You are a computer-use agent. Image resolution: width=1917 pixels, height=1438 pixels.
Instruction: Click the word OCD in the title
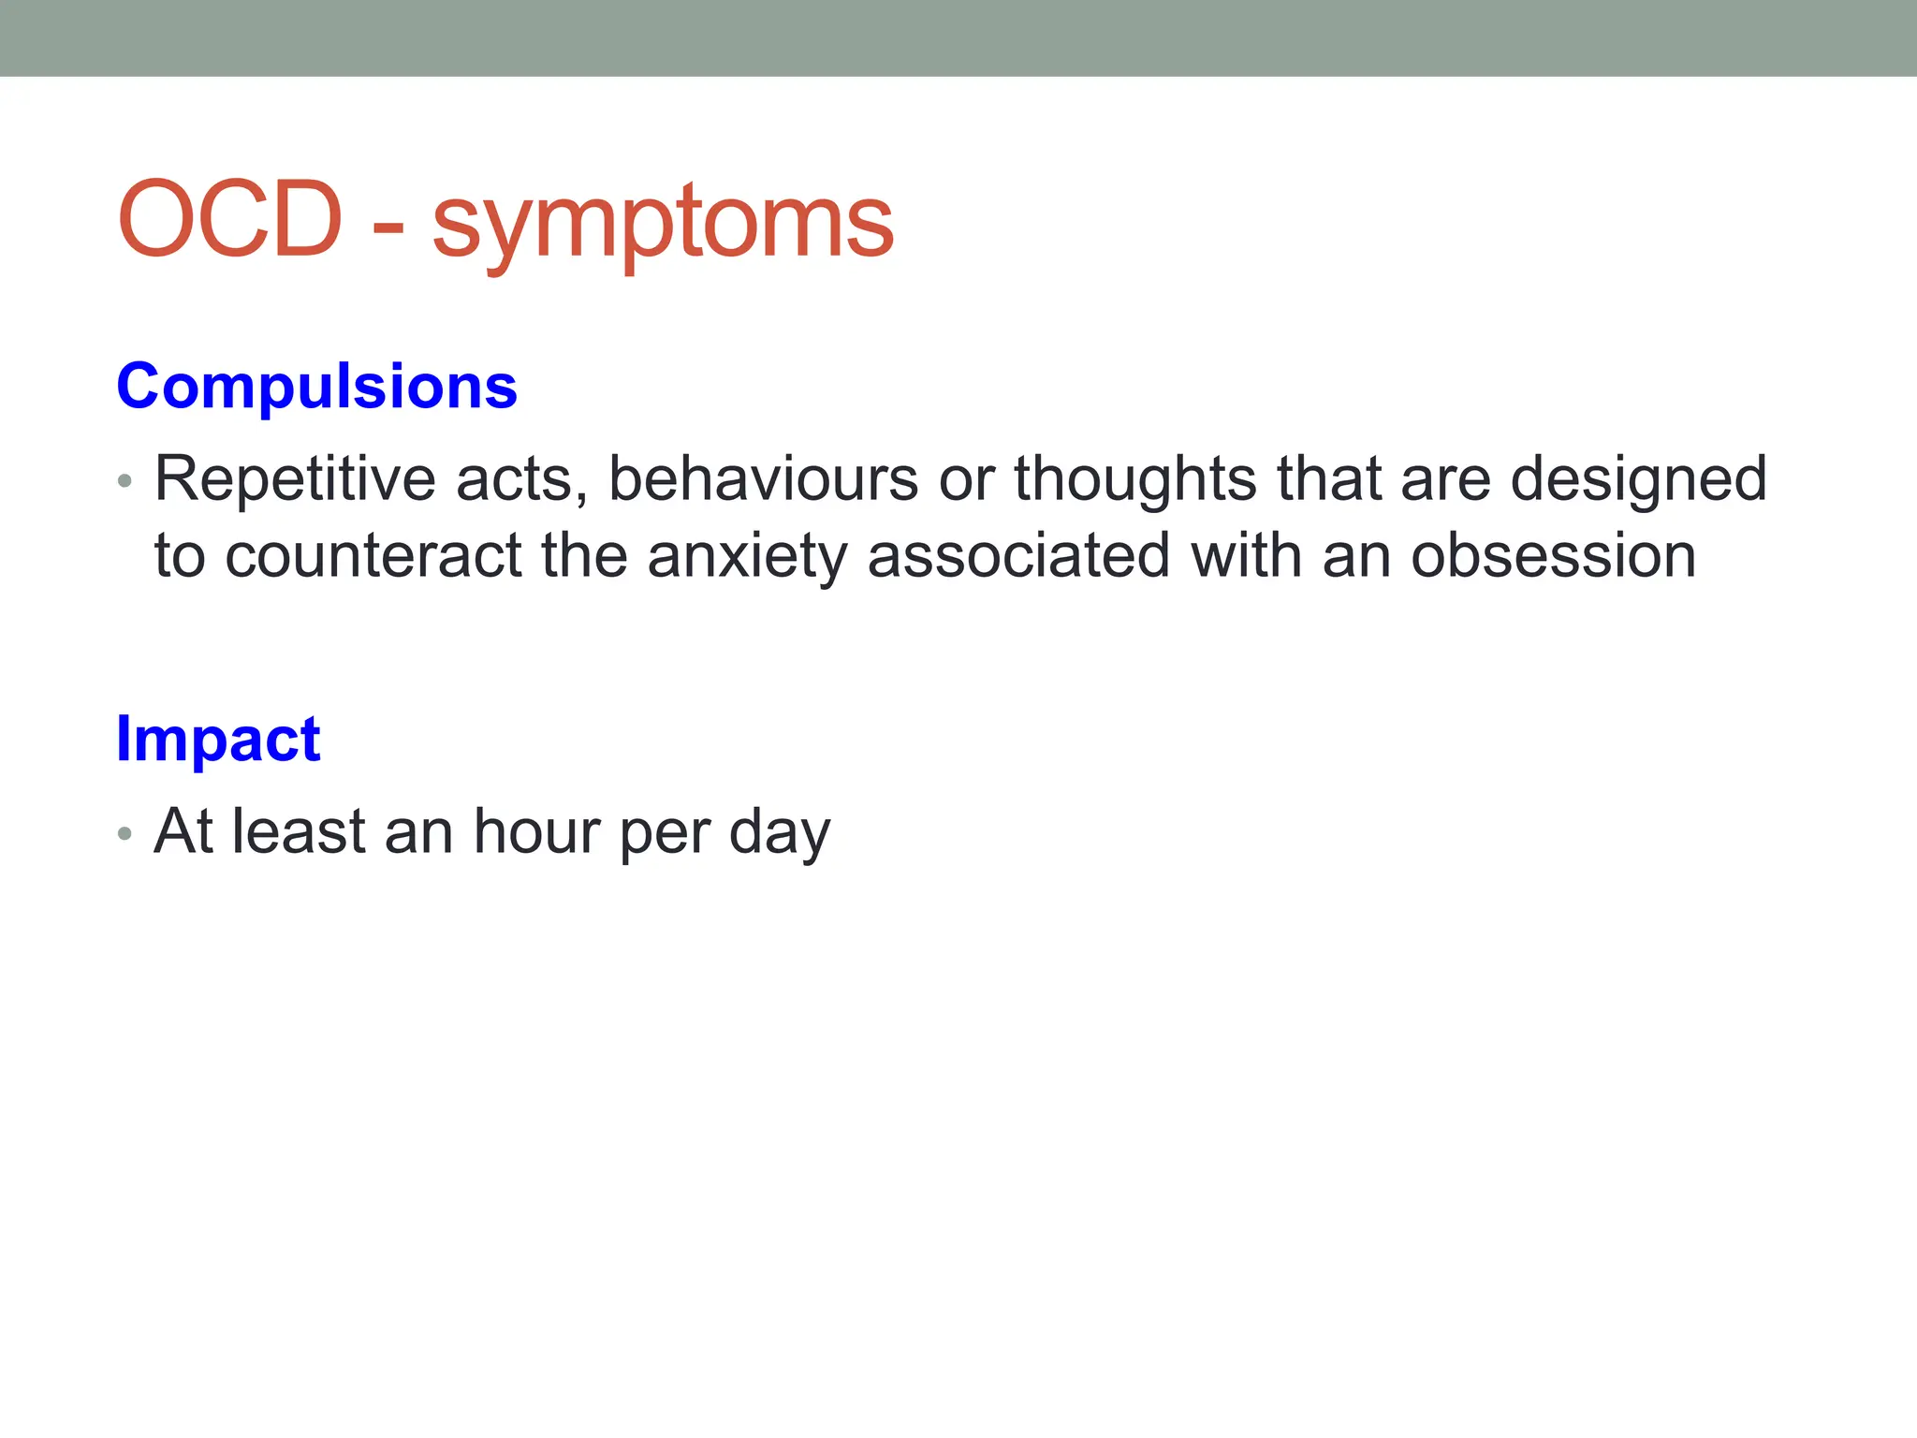pyautogui.click(x=230, y=220)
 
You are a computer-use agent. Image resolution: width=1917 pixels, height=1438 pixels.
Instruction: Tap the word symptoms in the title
pyautogui.click(x=663, y=225)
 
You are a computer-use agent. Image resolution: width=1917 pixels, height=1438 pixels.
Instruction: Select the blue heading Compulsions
pyautogui.click(x=316, y=386)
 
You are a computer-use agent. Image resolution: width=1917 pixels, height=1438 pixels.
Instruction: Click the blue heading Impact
pyautogui.click(x=218, y=740)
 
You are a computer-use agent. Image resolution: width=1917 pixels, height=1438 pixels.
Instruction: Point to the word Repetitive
pyautogui.click(x=295, y=479)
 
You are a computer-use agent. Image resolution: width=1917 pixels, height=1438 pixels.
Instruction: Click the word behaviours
pyautogui.click(x=764, y=479)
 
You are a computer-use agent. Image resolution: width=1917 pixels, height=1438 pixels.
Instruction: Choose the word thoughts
pyautogui.click(x=1135, y=479)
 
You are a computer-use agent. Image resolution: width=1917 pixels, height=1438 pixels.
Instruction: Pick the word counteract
pyautogui.click(x=373, y=556)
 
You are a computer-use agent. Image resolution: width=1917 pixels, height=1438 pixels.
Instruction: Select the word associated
pyautogui.click(x=1018, y=556)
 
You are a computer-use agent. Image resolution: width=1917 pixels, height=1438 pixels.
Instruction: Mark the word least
pyautogui.click(x=299, y=831)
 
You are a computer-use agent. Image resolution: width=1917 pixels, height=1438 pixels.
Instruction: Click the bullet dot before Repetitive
pyautogui.click(x=125, y=482)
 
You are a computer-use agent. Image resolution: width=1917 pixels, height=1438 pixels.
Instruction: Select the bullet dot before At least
pyautogui.click(x=125, y=833)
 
